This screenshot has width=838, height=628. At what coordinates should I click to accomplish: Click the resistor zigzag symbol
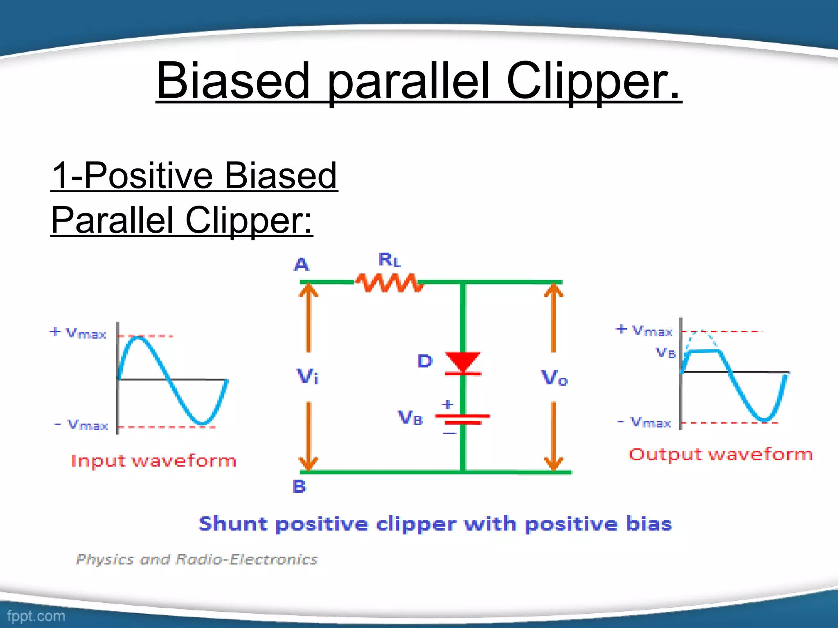389,283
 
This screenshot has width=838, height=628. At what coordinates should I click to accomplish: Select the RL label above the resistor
389,260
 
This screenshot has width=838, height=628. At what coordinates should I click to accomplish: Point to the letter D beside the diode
425,361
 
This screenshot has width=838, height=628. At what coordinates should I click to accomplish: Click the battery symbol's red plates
462,419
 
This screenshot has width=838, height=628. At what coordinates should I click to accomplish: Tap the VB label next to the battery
410,417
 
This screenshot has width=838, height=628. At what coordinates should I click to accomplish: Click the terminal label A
302,265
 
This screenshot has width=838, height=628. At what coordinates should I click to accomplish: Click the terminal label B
299,487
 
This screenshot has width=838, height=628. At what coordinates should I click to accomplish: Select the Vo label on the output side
554,377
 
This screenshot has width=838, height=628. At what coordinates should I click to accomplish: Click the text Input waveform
153,461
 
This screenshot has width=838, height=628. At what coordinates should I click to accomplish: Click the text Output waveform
721,454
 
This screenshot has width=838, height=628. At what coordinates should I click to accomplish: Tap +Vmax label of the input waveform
78,333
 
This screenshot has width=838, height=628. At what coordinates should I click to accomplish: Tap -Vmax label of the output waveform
644,422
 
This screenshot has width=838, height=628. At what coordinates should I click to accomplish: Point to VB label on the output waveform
666,352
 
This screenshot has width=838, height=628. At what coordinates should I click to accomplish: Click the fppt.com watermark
36,616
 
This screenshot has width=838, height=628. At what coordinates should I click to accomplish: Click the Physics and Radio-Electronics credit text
196,559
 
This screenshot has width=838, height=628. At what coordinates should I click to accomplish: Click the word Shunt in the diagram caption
232,524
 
